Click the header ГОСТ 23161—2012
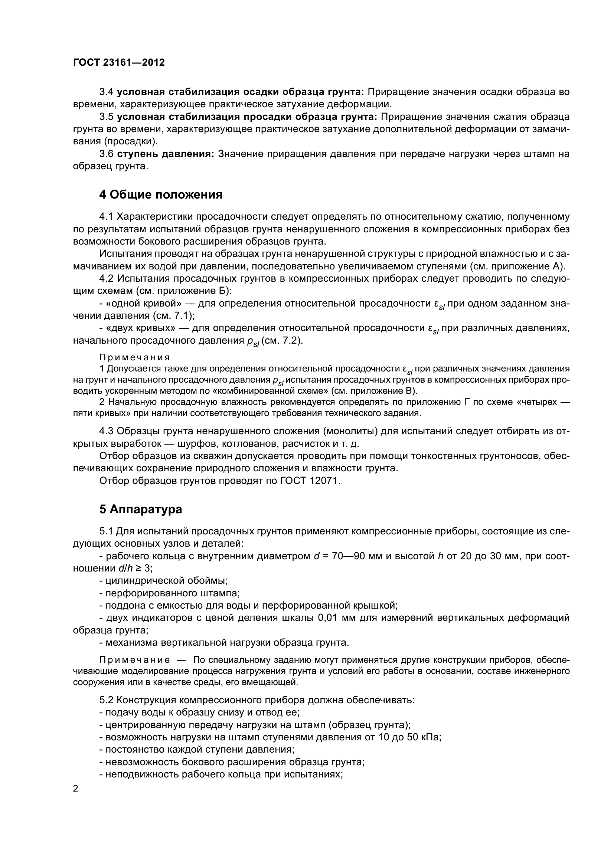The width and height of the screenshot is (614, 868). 119,63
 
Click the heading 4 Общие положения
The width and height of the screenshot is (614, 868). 161,195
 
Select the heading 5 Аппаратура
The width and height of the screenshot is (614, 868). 140,509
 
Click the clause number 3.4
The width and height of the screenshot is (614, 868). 106,92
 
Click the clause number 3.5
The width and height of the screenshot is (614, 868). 106,117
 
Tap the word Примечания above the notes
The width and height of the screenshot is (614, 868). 135,357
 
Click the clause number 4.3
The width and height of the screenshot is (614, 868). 106,431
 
